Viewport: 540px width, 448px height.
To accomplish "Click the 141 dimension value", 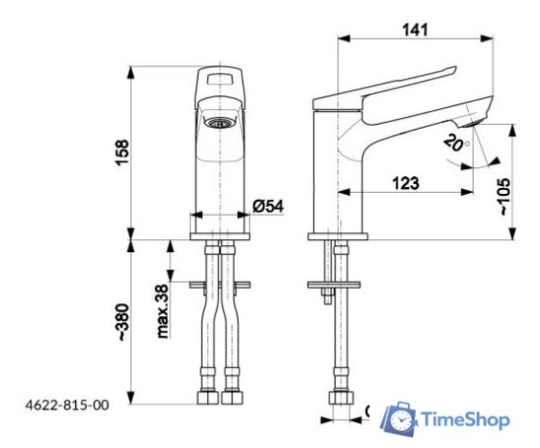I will [415, 31].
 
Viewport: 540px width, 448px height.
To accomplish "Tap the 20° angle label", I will [454, 144].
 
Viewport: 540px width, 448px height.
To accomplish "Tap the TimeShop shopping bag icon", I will [399, 418].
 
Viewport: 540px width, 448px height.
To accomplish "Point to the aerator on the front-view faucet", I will [222, 124].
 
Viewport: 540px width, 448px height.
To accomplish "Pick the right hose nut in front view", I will [233, 399].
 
